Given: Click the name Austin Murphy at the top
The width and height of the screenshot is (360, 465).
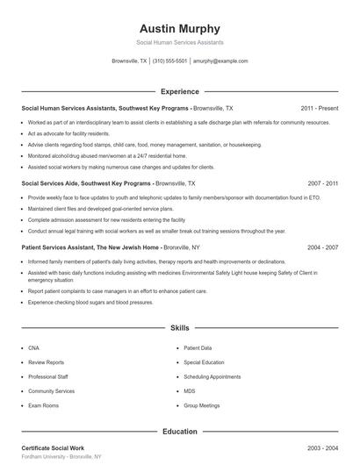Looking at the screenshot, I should click(180, 28).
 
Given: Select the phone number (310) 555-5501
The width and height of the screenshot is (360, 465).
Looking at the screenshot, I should click(170, 61).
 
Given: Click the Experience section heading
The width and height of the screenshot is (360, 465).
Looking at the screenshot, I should click(180, 91).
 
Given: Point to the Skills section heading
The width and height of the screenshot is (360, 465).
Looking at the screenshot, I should click(180, 327).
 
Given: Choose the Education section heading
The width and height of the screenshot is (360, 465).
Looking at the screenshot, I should click(180, 432).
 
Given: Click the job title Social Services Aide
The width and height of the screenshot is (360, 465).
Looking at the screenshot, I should click(54, 183).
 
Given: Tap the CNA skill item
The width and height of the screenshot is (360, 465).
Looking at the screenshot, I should click(33, 347).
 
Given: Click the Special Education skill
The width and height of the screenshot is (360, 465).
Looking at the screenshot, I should click(205, 361).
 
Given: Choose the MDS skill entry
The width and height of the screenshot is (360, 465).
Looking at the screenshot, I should click(190, 391).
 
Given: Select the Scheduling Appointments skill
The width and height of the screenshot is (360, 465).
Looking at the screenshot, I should click(212, 376).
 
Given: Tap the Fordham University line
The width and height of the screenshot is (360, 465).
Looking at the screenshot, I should click(61, 457).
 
